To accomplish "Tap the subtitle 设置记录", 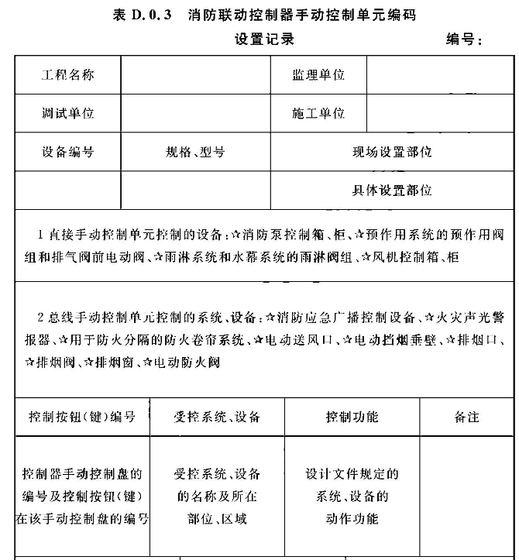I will [x=265, y=39].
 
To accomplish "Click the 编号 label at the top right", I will [x=463, y=40].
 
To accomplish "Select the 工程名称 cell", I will [x=67, y=75].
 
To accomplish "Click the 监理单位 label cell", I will [x=318, y=75].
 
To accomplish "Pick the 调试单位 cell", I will [x=67, y=113].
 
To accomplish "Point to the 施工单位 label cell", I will [x=318, y=113].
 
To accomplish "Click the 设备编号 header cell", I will [x=67, y=152].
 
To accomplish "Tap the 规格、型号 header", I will [x=195, y=152].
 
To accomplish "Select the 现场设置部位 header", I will [x=392, y=152].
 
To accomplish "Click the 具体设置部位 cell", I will [x=392, y=190].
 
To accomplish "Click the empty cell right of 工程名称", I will [x=195, y=75].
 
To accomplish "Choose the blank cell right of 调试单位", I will [x=195, y=113].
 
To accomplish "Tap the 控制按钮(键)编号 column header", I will [x=81, y=417].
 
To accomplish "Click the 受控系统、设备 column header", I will [x=217, y=417].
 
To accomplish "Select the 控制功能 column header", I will [x=352, y=417].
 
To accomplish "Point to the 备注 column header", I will [x=466, y=417].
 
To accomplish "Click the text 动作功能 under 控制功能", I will [x=352, y=518].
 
